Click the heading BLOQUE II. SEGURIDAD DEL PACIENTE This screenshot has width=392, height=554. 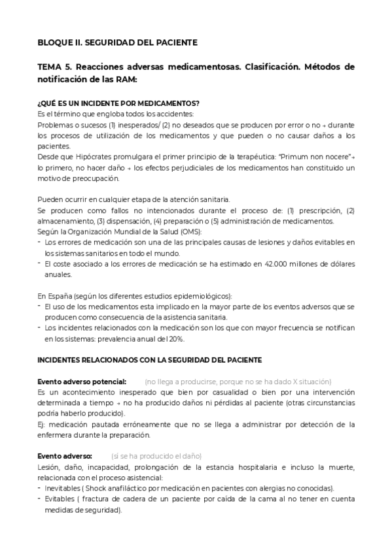(117, 43)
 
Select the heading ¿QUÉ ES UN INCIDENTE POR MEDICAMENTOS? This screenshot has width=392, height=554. (118, 103)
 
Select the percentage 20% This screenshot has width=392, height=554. (175, 338)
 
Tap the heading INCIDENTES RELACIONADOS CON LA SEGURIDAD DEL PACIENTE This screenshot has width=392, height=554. (149, 359)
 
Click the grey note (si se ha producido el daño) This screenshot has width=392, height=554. (156, 455)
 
